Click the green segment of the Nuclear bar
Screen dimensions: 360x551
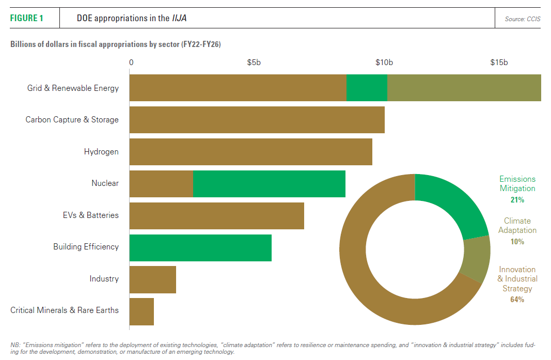[269, 183]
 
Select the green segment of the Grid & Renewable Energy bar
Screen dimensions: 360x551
[367, 88]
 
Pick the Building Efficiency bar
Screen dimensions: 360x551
[200, 247]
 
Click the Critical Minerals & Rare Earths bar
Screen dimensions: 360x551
[141, 311]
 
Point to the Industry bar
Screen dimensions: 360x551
[152, 279]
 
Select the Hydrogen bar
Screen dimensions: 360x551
[250, 152]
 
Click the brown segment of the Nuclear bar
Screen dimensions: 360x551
[161, 183]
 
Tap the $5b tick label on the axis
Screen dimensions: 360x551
[254, 62]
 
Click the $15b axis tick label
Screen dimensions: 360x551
[499, 62]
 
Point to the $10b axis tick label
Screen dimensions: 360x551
[384, 62]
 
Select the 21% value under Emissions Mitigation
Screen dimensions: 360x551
[517, 199]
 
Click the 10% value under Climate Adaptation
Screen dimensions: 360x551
[517, 242]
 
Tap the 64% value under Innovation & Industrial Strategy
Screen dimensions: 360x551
[517, 300]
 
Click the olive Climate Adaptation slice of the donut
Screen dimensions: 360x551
[477, 260]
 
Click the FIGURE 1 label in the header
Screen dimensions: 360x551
[27, 19]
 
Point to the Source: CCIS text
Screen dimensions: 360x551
[523, 19]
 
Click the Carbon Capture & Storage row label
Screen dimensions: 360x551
[72, 120]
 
